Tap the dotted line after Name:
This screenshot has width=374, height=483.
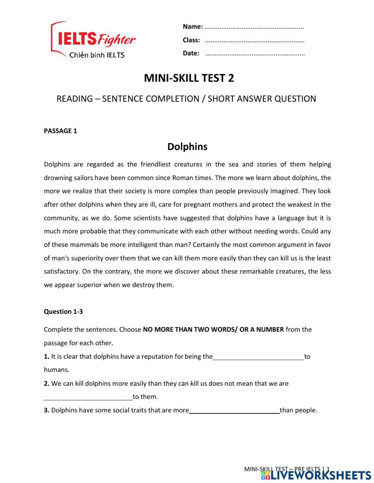[254, 27]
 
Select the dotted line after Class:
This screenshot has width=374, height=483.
[255, 41]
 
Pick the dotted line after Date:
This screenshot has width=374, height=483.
[255, 54]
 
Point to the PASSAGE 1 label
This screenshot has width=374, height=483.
[60, 131]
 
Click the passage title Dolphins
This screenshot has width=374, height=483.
[187, 146]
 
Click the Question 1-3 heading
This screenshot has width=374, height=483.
[63, 311]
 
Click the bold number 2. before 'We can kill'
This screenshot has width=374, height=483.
[47, 383]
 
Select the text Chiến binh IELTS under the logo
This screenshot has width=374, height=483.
[97, 55]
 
